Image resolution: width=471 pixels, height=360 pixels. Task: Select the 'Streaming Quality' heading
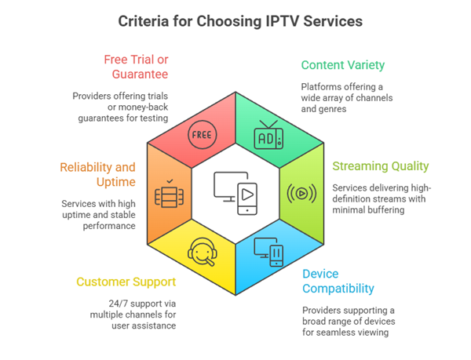click(380, 166)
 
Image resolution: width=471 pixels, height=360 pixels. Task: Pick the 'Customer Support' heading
click(126, 282)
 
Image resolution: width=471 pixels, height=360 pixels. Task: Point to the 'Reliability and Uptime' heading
click(97, 174)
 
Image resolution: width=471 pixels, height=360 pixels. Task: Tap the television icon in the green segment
click(267, 136)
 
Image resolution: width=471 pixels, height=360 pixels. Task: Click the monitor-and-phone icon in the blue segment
click(268, 252)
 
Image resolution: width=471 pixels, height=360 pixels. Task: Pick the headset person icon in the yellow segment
click(201, 252)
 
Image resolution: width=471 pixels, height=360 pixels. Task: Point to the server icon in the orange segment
click(168, 194)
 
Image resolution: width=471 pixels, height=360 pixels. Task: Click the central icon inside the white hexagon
click(235, 193)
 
